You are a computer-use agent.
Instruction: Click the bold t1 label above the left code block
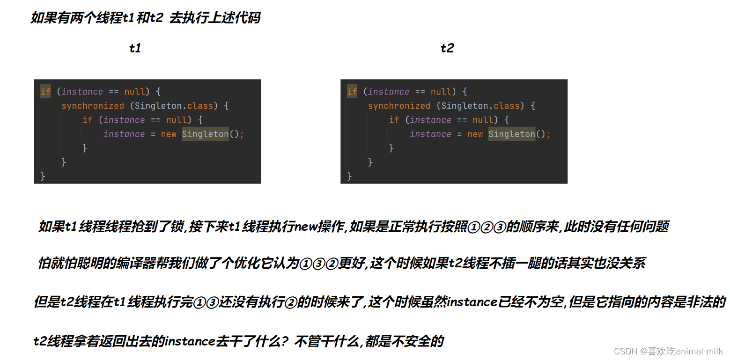pos(135,48)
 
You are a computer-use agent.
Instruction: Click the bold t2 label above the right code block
pos(447,48)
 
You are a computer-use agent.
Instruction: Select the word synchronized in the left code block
pos(93,106)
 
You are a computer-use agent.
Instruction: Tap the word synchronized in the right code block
pos(399,106)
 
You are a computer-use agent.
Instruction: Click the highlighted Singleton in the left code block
pos(205,134)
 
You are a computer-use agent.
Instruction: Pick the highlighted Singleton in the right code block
pos(511,134)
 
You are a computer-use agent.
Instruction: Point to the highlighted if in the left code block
pos(45,92)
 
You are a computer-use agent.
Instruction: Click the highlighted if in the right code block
pos(352,92)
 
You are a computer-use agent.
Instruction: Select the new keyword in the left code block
pos(169,134)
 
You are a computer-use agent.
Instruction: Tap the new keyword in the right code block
pos(475,134)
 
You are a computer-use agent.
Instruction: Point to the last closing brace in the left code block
pos(43,176)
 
